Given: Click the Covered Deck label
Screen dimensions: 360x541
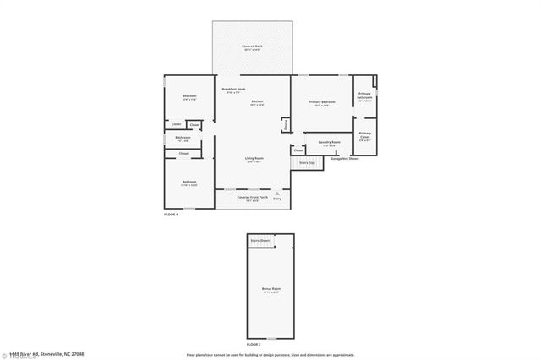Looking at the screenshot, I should [251, 46].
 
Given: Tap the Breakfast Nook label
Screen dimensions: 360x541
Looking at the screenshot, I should [233, 90].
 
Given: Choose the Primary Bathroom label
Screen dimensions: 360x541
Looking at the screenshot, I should [364, 97].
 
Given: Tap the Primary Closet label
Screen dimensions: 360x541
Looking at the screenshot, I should [364, 135].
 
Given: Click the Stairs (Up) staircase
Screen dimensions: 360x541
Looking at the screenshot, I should [308, 161].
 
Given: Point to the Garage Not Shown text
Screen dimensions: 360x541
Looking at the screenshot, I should [345, 158].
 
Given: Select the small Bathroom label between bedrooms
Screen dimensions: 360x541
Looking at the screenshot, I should [183, 138].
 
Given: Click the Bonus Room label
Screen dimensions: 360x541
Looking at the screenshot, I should [270, 290].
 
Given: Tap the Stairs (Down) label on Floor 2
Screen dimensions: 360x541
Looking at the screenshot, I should [260, 241].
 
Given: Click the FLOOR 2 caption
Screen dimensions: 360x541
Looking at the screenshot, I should [254, 345].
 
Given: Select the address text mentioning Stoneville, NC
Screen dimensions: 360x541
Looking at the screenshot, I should [42, 354].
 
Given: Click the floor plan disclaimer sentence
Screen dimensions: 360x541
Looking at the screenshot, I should [270, 354].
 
